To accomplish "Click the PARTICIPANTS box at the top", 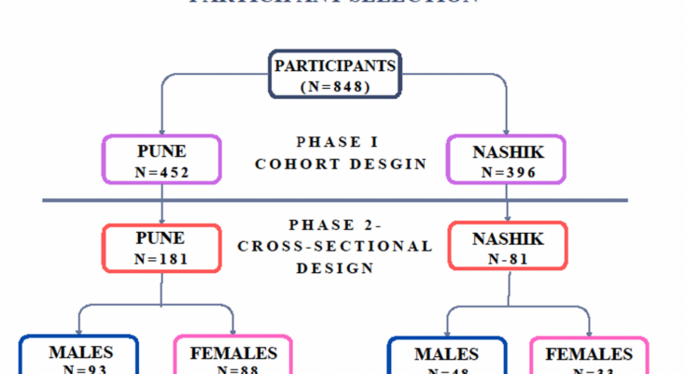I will click(x=335, y=74).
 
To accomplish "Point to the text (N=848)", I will click(x=335, y=86).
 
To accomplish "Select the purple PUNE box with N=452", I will click(x=161, y=158).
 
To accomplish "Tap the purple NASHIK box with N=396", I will click(x=508, y=158).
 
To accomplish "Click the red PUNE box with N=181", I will click(x=161, y=248).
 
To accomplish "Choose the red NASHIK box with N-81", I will click(x=508, y=248).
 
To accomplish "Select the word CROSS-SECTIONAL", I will click(x=335, y=247).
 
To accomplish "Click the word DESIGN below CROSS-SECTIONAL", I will click(x=335, y=267).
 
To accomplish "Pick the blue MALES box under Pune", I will click(x=80, y=358).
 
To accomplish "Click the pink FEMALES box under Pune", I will click(x=233, y=358).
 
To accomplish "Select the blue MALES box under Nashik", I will click(x=447, y=358).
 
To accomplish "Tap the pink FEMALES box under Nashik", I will click(x=589, y=358).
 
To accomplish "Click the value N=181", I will click(x=161, y=259).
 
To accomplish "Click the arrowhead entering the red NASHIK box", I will click(x=507, y=218).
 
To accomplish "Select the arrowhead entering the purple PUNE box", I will click(x=161, y=131).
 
